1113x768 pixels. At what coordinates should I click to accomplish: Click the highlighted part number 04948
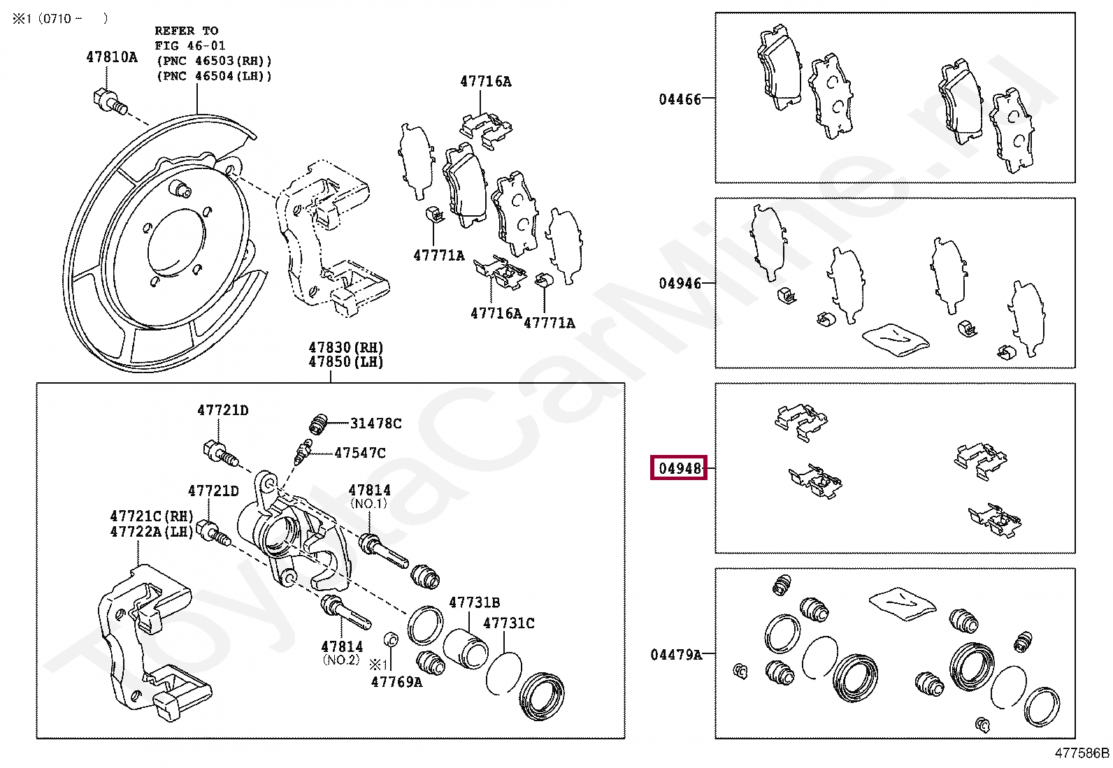(680, 468)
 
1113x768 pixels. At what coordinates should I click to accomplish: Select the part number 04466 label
(680, 99)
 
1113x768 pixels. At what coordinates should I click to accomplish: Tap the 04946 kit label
(680, 284)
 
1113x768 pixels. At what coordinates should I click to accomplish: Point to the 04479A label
(675, 655)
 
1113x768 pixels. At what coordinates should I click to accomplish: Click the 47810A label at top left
(112, 57)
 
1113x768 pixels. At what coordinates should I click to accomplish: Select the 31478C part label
(375, 423)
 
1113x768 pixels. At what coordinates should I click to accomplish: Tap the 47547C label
(359, 453)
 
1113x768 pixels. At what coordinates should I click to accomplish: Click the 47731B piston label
(474, 602)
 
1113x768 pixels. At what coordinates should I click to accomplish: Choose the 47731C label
(509, 623)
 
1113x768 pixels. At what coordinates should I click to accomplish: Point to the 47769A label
(396, 681)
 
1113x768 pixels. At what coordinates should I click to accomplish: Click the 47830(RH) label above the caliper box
(346, 347)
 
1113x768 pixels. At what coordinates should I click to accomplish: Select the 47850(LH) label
(346, 362)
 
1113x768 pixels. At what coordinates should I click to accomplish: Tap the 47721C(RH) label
(151, 516)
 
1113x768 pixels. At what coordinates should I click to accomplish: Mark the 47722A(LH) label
(151, 531)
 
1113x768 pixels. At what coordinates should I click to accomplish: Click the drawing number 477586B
(1082, 753)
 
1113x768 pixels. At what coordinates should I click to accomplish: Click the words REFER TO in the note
(186, 31)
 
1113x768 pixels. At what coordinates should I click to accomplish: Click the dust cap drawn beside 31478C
(319, 423)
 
